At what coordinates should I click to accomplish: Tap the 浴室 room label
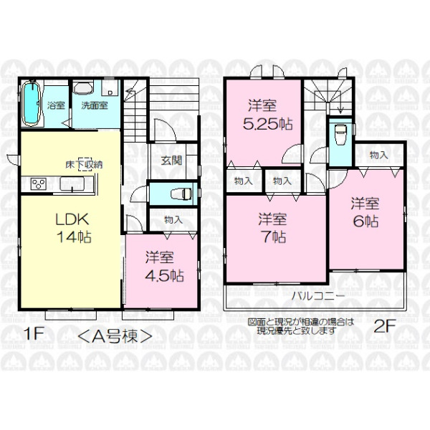(x=56, y=105)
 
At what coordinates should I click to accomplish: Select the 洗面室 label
(x=95, y=105)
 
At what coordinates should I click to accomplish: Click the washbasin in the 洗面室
(x=83, y=87)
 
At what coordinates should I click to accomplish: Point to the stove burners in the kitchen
(x=38, y=183)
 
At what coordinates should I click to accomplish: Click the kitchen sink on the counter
(x=72, y=183)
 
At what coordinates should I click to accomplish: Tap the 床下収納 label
(x=84, y=165)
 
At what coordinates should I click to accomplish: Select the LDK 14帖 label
(x=74, y=228)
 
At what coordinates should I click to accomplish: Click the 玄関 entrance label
(x=171, y=160)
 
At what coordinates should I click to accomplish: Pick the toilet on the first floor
(x=181, y=193)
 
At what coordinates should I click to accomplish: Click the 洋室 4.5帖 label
(x=164, y=267)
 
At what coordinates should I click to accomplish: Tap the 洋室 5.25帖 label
(x=267, y=115)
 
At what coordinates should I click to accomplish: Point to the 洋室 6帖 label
(x=365, y=212)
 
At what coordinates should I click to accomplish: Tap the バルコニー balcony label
(x=317, y=296)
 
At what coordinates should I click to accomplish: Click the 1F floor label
(x=34, y=333)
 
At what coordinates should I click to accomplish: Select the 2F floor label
(x=385, y=326)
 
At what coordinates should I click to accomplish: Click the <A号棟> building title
(x=115, y=336)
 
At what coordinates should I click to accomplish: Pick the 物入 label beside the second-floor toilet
(x=378, y=156)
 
